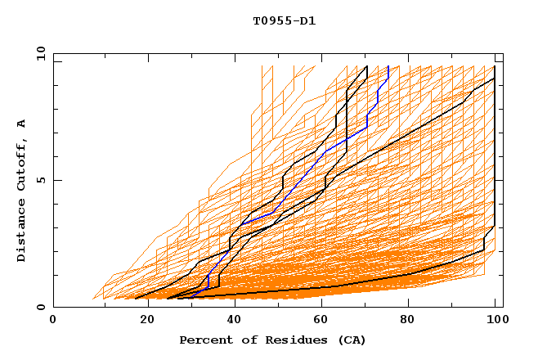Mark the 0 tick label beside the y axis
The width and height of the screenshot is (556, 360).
[x=40, y=308]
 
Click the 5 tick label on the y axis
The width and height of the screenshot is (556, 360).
[x=40, y=180]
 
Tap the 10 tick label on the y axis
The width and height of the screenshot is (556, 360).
[x=38, y=53]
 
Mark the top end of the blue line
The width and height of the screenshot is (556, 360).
[x=388, y=67]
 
